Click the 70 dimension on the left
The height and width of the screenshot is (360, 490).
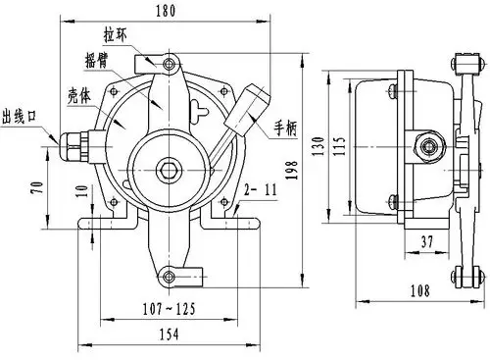[x=37, y=186]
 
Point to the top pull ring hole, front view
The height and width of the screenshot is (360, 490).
[x=171, y=65]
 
